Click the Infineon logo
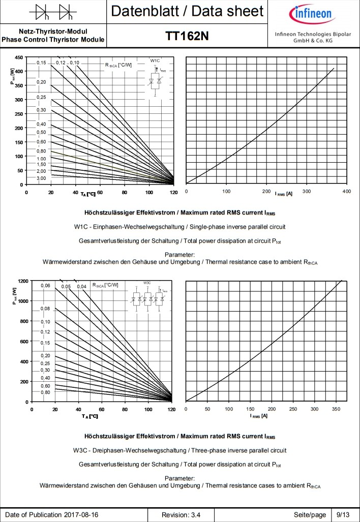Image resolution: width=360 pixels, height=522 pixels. [313, 12]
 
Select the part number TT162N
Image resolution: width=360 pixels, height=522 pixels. [187, 36]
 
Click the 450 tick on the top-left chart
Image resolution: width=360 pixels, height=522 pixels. [18, 57]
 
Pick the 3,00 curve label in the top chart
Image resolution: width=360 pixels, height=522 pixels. [41, 178]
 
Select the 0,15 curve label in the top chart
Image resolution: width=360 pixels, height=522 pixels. [41, 63]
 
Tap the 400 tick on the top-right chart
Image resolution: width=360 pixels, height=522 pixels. [346, 191]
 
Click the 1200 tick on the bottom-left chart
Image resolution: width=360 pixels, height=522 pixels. [22, 281]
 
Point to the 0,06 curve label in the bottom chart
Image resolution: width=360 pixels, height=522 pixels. [46, 286]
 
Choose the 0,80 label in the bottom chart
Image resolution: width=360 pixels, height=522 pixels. [45, 392]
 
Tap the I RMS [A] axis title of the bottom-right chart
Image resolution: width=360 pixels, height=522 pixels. [259, 416]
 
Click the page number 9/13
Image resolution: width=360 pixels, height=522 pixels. [338, 515]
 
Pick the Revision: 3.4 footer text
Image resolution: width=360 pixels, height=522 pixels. [181, 515]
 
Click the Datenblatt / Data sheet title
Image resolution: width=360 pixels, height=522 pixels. [187, 11]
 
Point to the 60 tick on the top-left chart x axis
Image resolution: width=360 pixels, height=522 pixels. [100, 193]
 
